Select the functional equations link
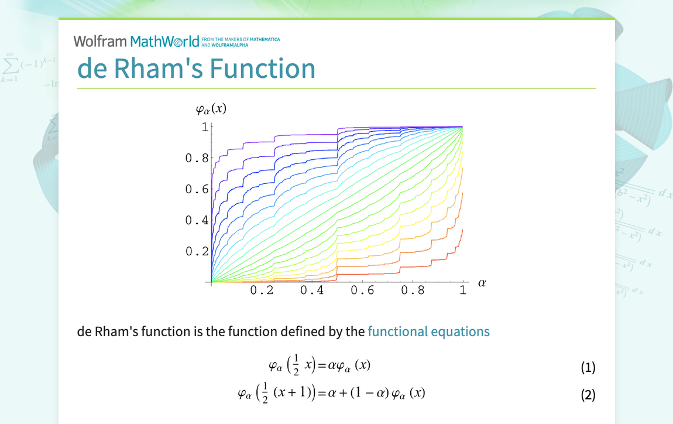click(x=428, y=331)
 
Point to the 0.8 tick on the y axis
click(x=197, y=158)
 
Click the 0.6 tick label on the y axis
click(x=197, y=189)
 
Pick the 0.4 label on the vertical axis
click(x=197, y=220)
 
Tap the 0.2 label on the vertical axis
click(x=197, y=251)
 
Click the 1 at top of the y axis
click(x=205, y=126)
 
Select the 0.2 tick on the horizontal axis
click(x=262, y=290)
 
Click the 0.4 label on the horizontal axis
click(x=312, y=290)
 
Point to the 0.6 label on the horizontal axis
click(x=362, y=290)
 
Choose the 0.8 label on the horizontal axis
click(x=413, y=290)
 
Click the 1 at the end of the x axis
click(x=463, y=290)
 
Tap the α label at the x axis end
click(x=482, y=283)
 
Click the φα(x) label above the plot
click(x=211, y=109)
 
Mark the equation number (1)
click(x=588, y=368)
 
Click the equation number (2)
click(x=588, y=395)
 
